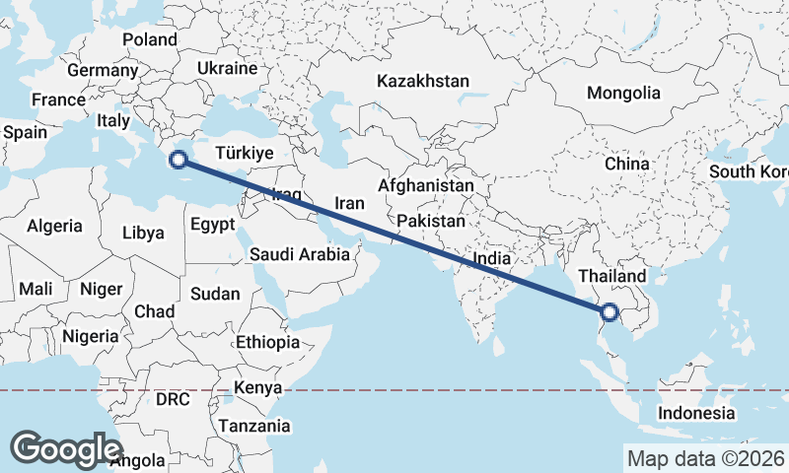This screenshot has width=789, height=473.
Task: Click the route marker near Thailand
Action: click(609, 312)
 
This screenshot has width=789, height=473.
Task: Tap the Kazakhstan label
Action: click(422, 82)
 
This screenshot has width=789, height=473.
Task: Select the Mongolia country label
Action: click(623, 94)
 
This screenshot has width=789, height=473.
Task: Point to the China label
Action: click(626, 164)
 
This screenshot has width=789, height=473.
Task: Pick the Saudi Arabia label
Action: click(299, 254)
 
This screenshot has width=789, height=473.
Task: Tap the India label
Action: click(493, 259)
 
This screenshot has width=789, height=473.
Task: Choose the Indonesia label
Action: click(696, 413)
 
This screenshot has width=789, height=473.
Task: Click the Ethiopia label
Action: click(267, 342)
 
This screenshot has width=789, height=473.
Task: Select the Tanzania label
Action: click(254, 426)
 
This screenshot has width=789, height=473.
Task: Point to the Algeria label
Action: click(54, 226)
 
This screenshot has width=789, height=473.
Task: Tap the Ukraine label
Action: click(227, 68)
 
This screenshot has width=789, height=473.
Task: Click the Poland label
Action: click(149, 39)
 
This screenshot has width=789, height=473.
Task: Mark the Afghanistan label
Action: click(426, 185)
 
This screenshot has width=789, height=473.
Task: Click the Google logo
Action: click(66, 448)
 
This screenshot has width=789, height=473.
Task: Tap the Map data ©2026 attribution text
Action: click(704, 458)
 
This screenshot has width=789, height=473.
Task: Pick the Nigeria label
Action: click(91, 336)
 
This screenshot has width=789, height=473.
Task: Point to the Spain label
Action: click(25, 131)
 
